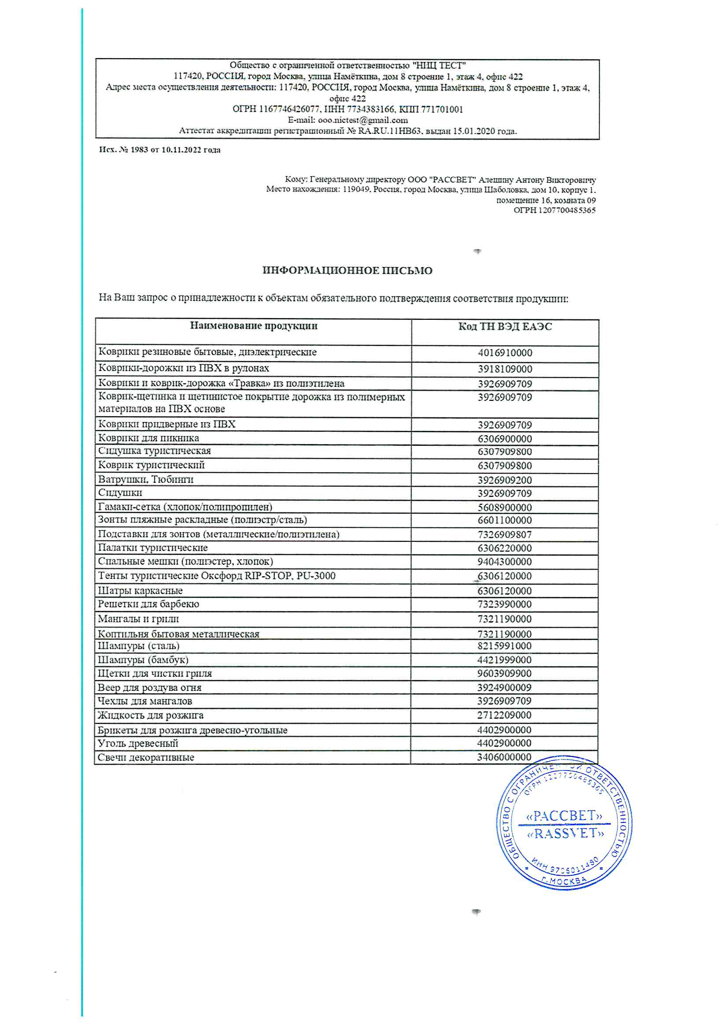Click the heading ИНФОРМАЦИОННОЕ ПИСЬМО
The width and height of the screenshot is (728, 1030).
[x=347, y=270]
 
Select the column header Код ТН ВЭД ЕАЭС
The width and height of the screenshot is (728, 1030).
[x=505, y=326]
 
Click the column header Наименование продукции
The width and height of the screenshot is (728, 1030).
[x=253, y=326]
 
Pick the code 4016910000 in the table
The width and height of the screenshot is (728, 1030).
[x=505, y=352]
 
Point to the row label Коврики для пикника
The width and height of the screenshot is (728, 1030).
[x=148, y=438]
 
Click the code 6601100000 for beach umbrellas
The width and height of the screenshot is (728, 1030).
[x=505, y=520]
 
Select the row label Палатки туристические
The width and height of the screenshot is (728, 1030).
[x=152, y=548]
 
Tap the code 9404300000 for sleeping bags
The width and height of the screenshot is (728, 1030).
[x=505, y=562]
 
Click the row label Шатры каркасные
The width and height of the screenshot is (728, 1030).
[x=140, y=591]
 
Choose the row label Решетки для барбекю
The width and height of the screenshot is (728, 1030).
[x=148, y=604]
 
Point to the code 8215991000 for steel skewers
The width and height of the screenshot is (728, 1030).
[x=505, y=646]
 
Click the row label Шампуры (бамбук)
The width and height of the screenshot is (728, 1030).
[x=143, y=660]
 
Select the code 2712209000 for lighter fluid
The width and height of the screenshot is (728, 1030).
[x=505, y=715]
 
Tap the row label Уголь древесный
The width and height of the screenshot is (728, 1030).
[x=138, y=743]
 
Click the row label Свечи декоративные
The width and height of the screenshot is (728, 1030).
[x=146, y=757]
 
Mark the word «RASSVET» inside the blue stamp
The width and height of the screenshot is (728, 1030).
[x=565, y=834]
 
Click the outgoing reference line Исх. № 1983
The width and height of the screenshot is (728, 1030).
[x=160, y=150]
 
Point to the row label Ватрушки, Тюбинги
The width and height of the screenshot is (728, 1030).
[x=146, y=480]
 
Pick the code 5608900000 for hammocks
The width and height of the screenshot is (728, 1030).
[x=505, y=508]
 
